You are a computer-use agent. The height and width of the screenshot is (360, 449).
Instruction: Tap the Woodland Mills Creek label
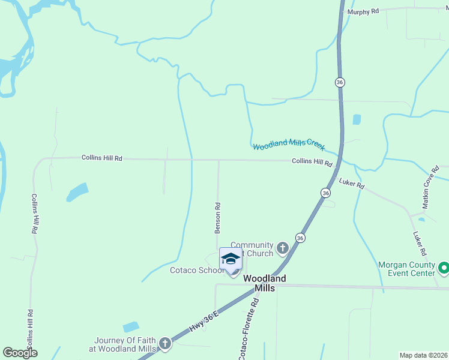(288, 145)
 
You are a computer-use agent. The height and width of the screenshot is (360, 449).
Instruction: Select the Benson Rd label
(218, 217)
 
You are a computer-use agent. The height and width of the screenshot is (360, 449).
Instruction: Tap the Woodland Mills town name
(264, 283)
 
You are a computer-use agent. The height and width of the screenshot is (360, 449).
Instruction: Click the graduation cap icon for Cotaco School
(231, 258)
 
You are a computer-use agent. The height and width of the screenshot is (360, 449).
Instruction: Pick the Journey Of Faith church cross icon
(165, 344)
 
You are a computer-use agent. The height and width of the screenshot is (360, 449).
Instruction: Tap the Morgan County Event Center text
(406, 269)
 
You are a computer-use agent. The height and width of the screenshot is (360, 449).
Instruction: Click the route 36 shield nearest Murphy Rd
(340, 82)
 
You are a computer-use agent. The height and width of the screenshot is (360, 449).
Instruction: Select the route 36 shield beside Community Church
(300, 238)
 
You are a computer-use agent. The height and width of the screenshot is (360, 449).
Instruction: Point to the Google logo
(20, 353)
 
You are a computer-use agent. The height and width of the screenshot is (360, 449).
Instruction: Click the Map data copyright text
(424, 355)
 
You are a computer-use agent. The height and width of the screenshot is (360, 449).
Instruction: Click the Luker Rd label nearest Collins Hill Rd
(352, 184)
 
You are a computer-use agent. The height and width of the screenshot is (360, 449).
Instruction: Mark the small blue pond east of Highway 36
(357, 119)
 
